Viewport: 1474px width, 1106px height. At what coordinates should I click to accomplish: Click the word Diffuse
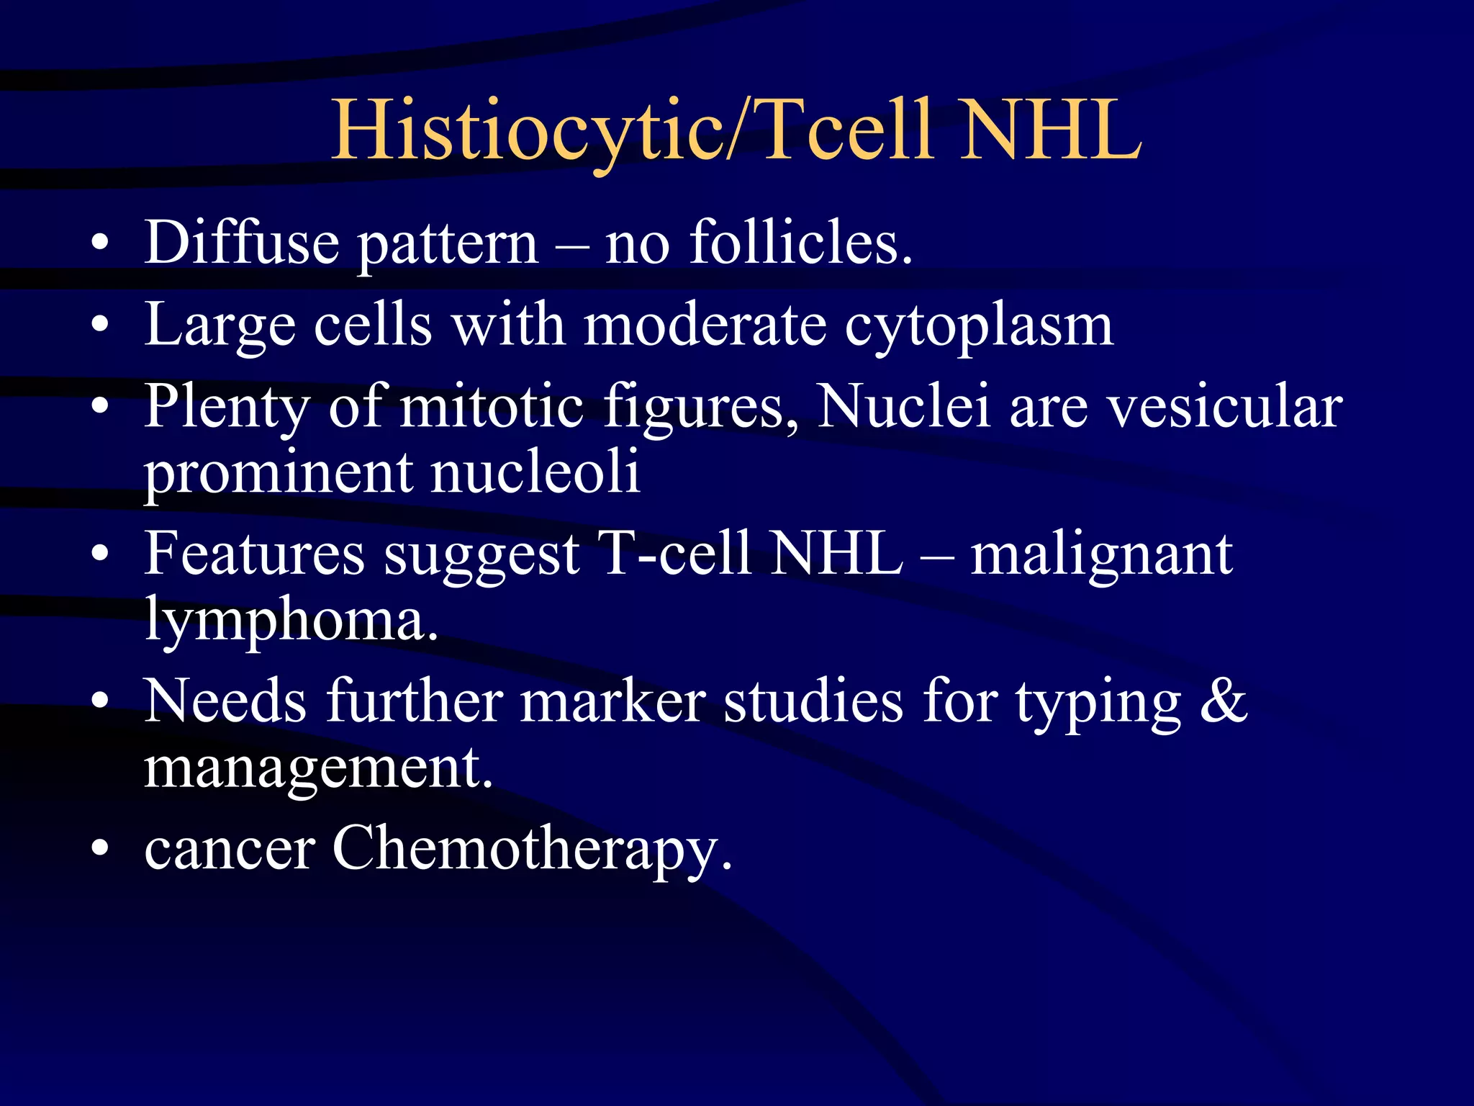click(x=241, y=243)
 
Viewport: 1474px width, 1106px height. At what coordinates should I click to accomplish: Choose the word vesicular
click(x=1224, y=408)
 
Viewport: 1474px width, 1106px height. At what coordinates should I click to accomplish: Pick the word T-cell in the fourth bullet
click(x=676, y=554)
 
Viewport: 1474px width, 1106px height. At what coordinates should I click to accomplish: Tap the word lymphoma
click(x=291, y=621)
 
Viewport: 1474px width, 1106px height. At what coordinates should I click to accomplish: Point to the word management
click(x=317, y=769)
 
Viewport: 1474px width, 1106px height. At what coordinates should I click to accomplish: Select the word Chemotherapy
click(x=531, y=850)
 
